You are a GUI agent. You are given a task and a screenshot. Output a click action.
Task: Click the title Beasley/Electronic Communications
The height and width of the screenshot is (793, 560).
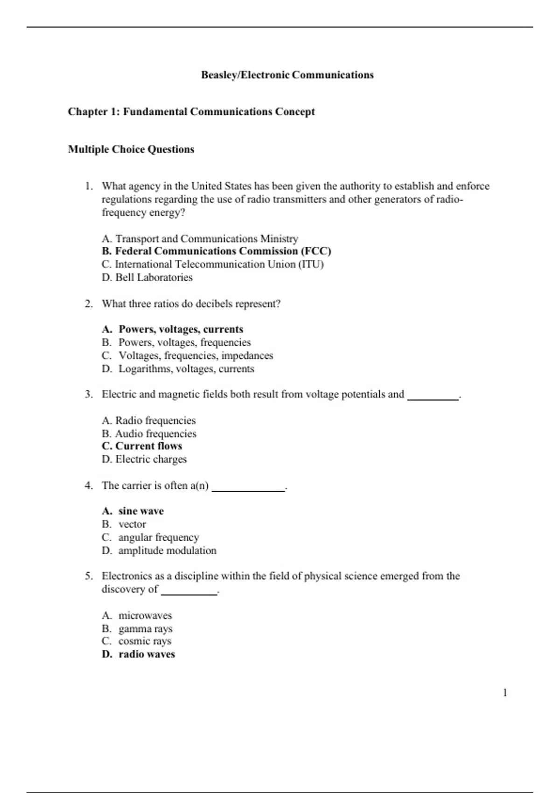tap(287, 75)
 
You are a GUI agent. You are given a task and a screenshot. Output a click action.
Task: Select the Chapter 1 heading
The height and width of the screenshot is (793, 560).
tap(191, 112)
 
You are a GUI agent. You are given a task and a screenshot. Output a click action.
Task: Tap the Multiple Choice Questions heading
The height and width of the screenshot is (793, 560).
tap(131, 149)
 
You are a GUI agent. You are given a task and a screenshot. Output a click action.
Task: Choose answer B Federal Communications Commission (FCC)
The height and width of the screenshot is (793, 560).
tap(217, 251)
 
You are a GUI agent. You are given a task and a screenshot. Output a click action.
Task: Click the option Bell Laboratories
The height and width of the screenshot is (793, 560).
tap(147, 278)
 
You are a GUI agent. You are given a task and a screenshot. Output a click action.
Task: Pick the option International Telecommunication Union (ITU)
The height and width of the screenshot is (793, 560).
tap(213, 264)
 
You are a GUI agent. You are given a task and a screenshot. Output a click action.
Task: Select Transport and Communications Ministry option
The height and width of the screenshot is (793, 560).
tap(200, 239)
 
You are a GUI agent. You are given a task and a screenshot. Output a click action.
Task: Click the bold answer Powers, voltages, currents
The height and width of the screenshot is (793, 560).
tap(173, 329)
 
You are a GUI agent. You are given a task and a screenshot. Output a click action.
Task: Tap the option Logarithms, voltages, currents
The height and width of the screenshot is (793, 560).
tap(178, 369)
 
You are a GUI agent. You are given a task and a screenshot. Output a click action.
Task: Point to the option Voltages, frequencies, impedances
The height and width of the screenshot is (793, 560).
tap(188, 356)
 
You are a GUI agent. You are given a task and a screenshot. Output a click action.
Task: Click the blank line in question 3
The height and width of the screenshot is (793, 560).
tap(433, 398)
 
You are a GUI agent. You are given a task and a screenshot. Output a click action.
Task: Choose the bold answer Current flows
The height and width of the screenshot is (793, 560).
tap(142, 446)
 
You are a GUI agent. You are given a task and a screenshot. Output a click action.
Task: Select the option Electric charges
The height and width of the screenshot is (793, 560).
tap(144, 459)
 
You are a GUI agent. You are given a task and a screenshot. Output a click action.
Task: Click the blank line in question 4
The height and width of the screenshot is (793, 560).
tap(248, 489)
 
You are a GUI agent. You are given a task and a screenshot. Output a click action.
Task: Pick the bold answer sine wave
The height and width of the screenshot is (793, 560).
tap(133, 511)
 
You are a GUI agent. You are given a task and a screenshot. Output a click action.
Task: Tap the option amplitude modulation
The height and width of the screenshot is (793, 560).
tap(159, 551)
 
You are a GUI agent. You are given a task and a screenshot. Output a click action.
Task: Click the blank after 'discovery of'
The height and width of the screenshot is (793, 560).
tap(189, 593)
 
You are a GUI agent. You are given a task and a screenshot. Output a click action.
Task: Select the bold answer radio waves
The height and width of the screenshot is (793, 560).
tap(139, 654)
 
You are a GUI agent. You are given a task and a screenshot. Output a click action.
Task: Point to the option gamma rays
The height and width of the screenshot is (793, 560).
tap(137, 629)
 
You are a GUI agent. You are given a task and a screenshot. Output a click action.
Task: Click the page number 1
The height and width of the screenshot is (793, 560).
tap(505, 693)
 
